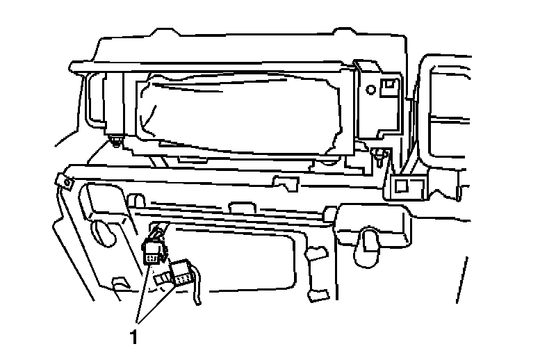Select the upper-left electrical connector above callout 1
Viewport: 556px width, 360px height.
click(152, 252)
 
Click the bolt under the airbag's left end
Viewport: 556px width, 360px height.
click(114, 145)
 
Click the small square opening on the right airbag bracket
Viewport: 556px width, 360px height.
click(391, 85)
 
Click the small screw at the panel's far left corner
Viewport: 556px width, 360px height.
click(67, 182)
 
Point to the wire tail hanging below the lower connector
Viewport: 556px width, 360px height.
click(199, 292)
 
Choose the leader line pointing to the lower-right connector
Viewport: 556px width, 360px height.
click(158, 303)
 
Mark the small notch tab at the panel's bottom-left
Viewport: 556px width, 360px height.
click(120, 282)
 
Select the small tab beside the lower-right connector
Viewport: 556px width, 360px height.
click(162, 279)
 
